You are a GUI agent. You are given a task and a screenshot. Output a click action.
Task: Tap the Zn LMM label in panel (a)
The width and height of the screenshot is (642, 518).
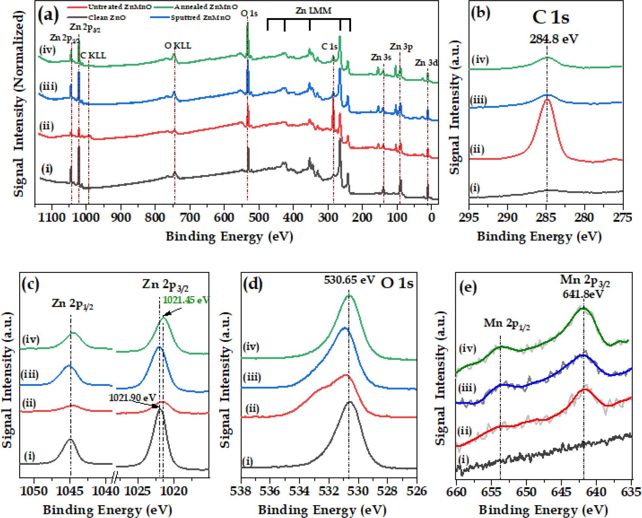tap(313, 11)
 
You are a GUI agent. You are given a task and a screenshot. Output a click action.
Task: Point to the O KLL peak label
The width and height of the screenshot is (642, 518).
tap(178, 46)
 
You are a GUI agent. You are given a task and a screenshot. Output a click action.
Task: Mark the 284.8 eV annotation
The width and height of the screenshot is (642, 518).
tap(550, 38)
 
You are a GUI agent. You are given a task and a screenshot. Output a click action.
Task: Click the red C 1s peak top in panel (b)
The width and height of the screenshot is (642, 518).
tap(547, 100)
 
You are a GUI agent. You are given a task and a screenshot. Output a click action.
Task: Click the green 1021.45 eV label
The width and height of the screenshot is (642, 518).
tap(186, 300)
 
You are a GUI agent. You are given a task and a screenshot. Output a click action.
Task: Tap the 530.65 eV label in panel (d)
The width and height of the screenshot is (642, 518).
tap(349, 280)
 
